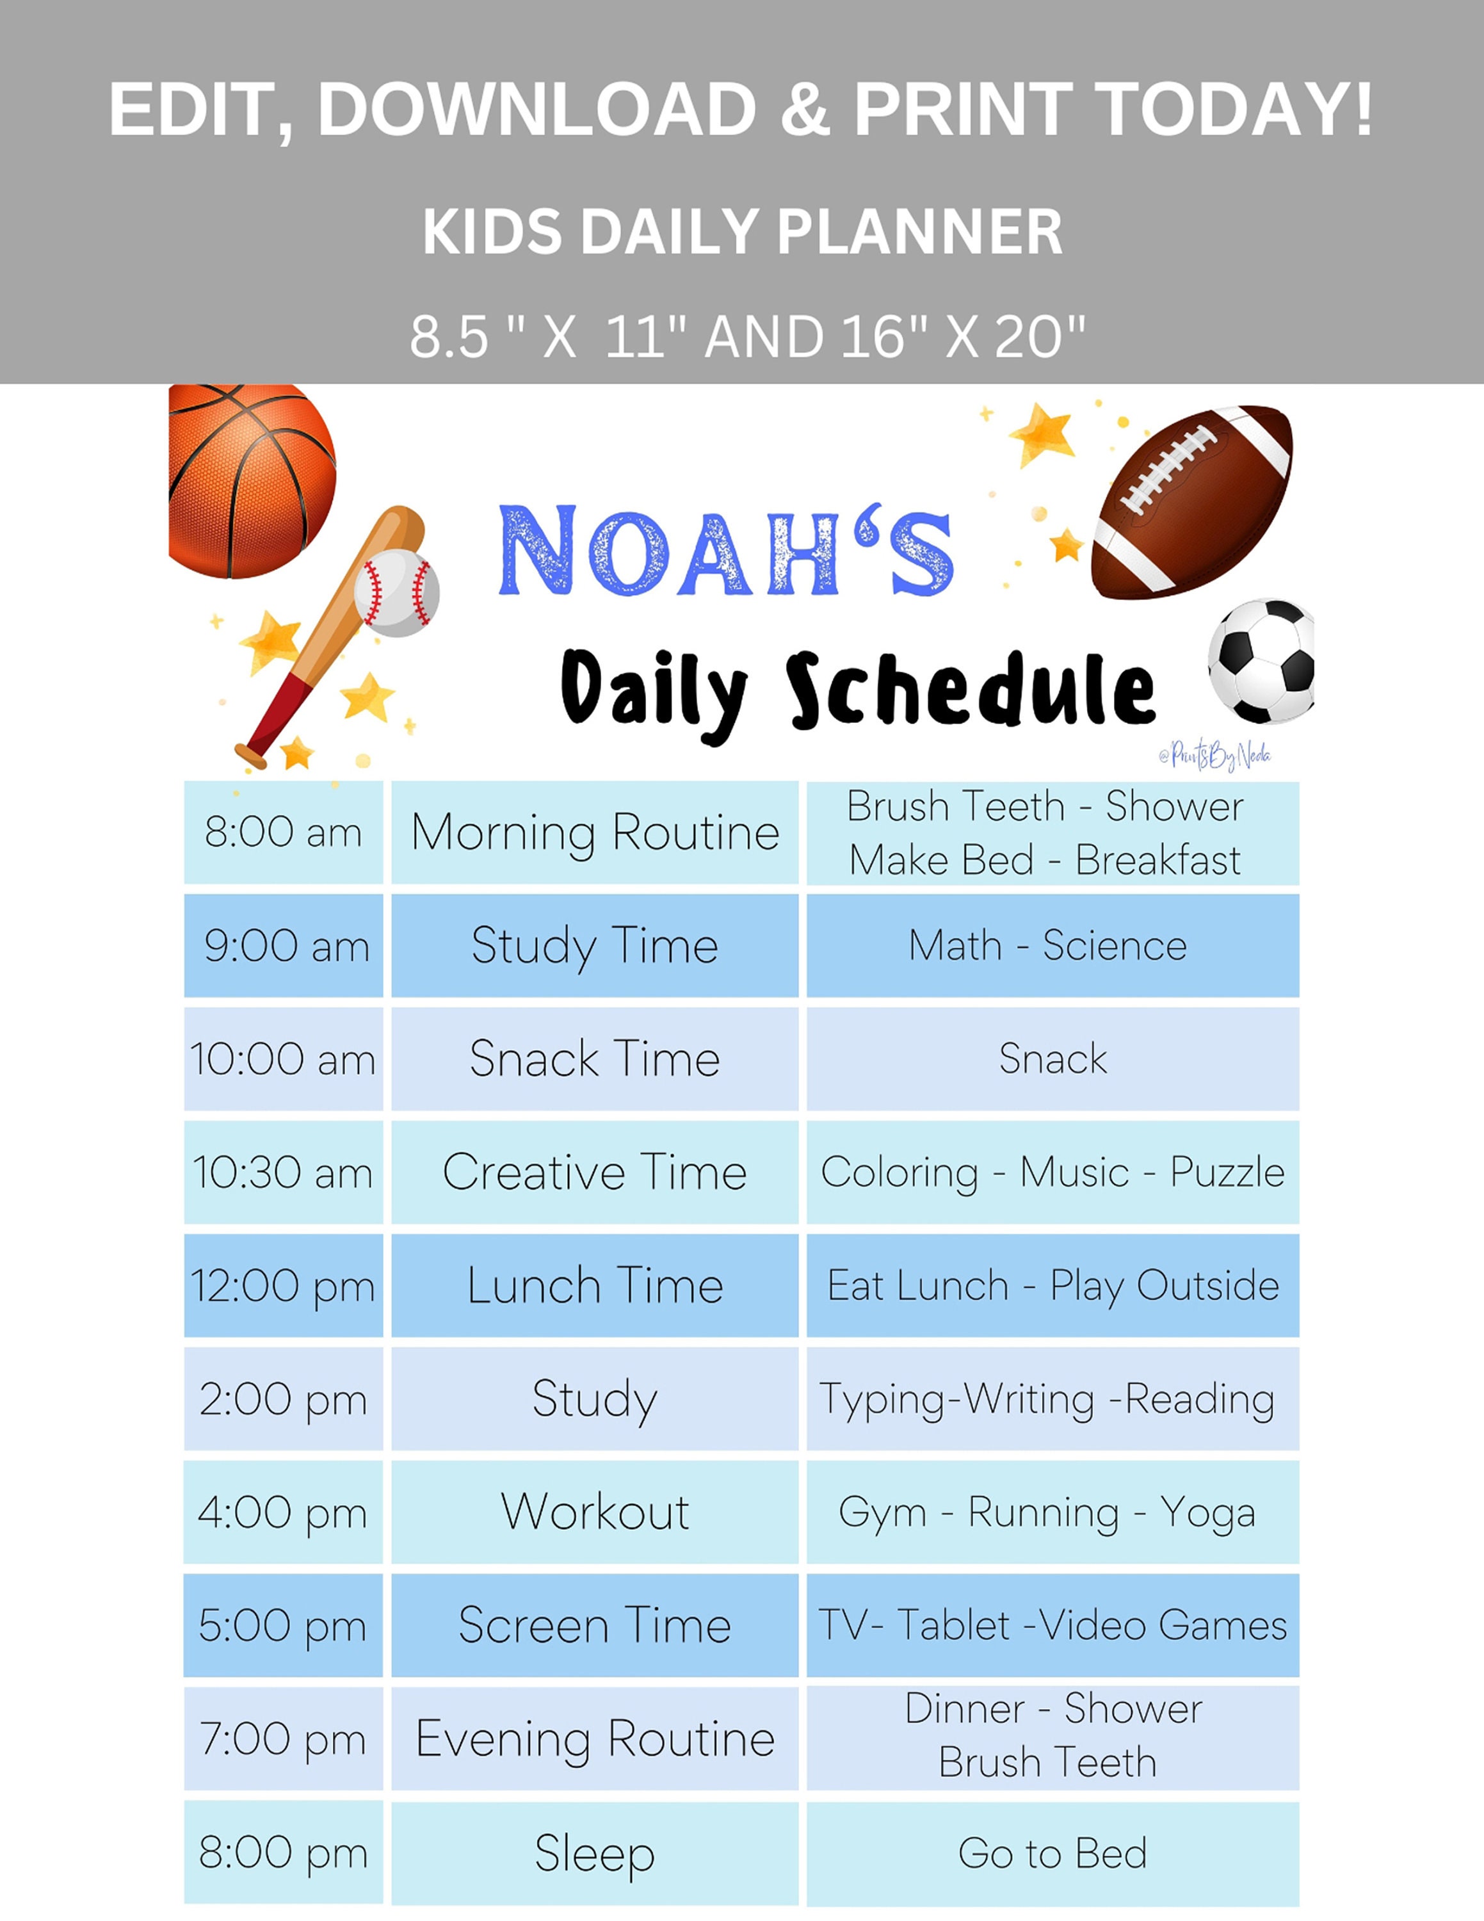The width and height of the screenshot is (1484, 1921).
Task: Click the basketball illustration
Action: (x=250, y=480)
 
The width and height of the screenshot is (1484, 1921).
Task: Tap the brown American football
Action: (x=1191, y=501)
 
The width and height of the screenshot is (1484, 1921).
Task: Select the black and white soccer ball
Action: (x=1262, y=661)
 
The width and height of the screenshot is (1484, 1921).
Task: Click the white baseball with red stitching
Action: (x=396, y=592)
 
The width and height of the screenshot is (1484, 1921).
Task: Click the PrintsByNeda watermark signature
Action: (x=1215, y=755)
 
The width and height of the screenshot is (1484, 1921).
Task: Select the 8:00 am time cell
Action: (x=283, y=832)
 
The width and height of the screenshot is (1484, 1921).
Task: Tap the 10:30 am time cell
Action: (x=283, y=1172)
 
